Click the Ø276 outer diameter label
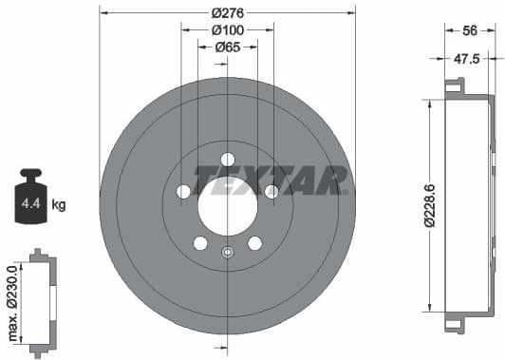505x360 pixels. click(227, 12)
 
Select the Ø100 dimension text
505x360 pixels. click(227, 29)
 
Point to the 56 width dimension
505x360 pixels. click(469, 30)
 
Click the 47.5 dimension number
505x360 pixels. click(466, 58)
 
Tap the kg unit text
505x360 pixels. click(60, 204)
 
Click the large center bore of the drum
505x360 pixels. click(227, 202)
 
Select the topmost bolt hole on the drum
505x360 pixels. click(227, 160)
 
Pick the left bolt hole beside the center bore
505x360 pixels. click(183, 192)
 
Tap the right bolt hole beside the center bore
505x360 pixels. click(271, 192)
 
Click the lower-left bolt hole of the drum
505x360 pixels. click(200, 243)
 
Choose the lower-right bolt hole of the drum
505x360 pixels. click(254, 243)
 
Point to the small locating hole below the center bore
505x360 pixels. click(227, 252)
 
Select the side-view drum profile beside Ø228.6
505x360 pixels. click(466, 205)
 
